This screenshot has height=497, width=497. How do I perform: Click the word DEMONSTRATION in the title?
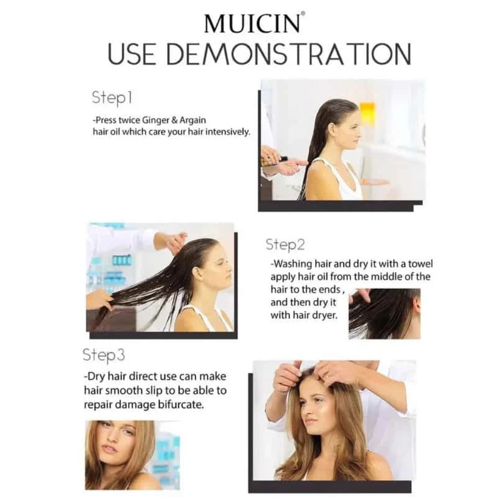coord(289,54)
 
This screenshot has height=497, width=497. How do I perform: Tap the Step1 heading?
coord(112,98)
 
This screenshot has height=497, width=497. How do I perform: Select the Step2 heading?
coord(285,245)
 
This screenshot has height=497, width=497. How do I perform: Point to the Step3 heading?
coord(104,355)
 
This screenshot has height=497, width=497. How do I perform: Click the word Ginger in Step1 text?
coord(156,121)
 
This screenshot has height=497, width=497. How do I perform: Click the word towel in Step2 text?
coord(421,263)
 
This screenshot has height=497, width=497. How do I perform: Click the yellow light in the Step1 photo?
coord(367,112)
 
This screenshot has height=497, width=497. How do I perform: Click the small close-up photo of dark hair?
coord(385,314)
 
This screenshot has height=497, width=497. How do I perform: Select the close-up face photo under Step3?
coord(132,455)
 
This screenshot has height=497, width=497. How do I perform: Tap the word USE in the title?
coord(132,54)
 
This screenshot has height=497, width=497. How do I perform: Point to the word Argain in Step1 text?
coord(193,121)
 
